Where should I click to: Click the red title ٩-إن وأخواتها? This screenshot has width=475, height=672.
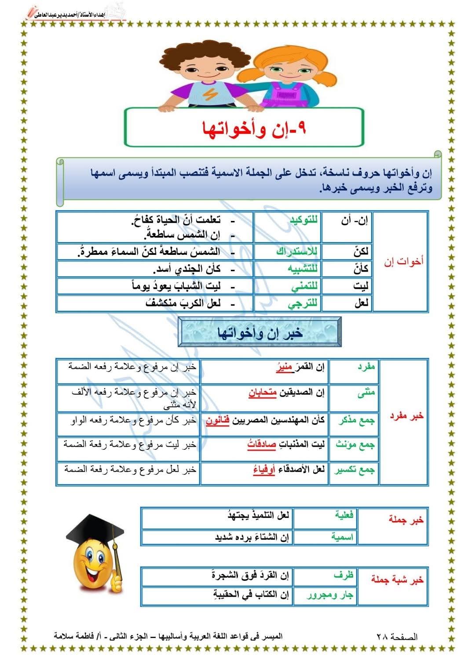pos(254,128)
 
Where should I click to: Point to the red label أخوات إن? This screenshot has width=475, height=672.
pos(403,261)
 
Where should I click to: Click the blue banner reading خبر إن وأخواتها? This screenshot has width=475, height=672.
pos(259,333)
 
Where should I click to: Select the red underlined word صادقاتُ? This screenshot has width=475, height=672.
pos(262,444)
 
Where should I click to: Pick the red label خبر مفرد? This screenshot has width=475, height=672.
pos(406,416)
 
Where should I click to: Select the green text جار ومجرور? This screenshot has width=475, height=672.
pos(330,595)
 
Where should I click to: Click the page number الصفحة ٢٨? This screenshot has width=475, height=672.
pos(397,636)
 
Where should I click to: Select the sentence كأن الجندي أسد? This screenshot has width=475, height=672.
pos(186,269)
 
